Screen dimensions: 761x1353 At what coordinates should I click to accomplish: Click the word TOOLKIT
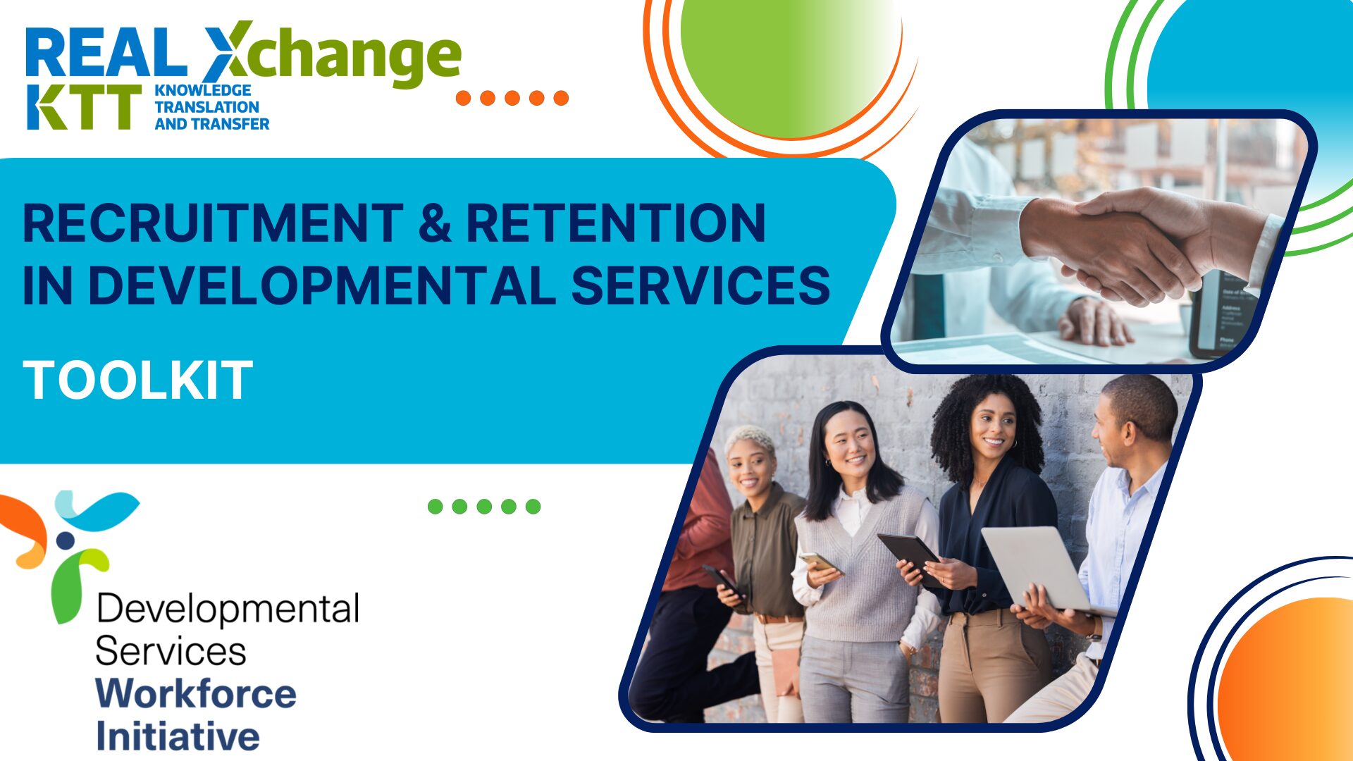coord(138,380)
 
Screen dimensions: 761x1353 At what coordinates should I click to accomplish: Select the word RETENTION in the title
coord(615,223)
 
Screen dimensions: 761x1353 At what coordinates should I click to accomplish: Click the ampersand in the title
coord(434,223)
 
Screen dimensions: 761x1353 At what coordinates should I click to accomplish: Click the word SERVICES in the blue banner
coord(700,285)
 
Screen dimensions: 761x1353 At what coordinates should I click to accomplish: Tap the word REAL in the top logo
coord(106,54)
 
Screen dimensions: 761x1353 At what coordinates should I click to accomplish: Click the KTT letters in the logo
coord(83,107)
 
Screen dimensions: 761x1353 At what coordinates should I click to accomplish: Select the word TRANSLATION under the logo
coord(206,107)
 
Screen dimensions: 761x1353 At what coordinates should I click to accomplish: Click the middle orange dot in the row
coord(512,98)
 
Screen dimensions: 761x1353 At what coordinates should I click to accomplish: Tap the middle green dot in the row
coord(484,506)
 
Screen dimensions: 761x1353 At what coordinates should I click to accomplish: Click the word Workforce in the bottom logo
coord(196,693)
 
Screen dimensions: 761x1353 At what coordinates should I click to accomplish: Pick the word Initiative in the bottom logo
coord(178,736)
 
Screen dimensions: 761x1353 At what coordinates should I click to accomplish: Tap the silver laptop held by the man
coord(1036,567)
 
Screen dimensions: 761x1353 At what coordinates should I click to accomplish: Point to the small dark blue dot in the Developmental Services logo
coord(66,540)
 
